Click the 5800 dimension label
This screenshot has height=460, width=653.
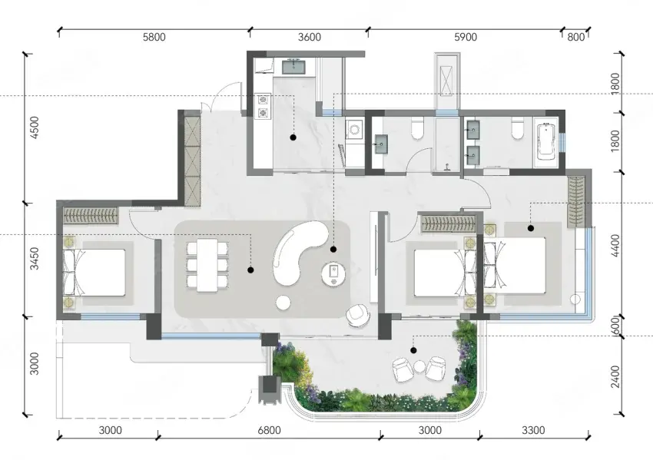tap(154, 37)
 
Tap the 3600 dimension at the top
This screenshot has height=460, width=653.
tap(310, 37)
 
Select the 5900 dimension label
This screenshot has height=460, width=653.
tap(466, 37)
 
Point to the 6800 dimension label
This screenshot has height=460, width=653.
tap(269, 430)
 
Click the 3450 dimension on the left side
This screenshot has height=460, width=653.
tap(35, 259)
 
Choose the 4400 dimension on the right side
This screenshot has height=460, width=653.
tap(615, 246)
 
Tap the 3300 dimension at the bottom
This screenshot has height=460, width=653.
tap(533, 430)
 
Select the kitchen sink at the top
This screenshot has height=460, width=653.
tap(294, 67)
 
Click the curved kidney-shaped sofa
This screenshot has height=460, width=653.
tap(297, 253)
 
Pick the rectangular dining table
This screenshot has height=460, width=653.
tap(207, 264)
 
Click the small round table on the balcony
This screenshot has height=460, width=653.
tap(419, 367)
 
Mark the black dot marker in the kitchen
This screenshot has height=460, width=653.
tap(293, 137)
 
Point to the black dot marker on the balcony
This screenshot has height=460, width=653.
tap(413, 350)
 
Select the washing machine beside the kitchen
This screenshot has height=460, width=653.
tap(354, 129)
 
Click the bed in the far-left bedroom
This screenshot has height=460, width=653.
tap(94, 273)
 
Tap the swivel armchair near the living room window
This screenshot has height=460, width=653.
tap(358, 315)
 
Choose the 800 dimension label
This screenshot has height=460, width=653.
tap(575, 37)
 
